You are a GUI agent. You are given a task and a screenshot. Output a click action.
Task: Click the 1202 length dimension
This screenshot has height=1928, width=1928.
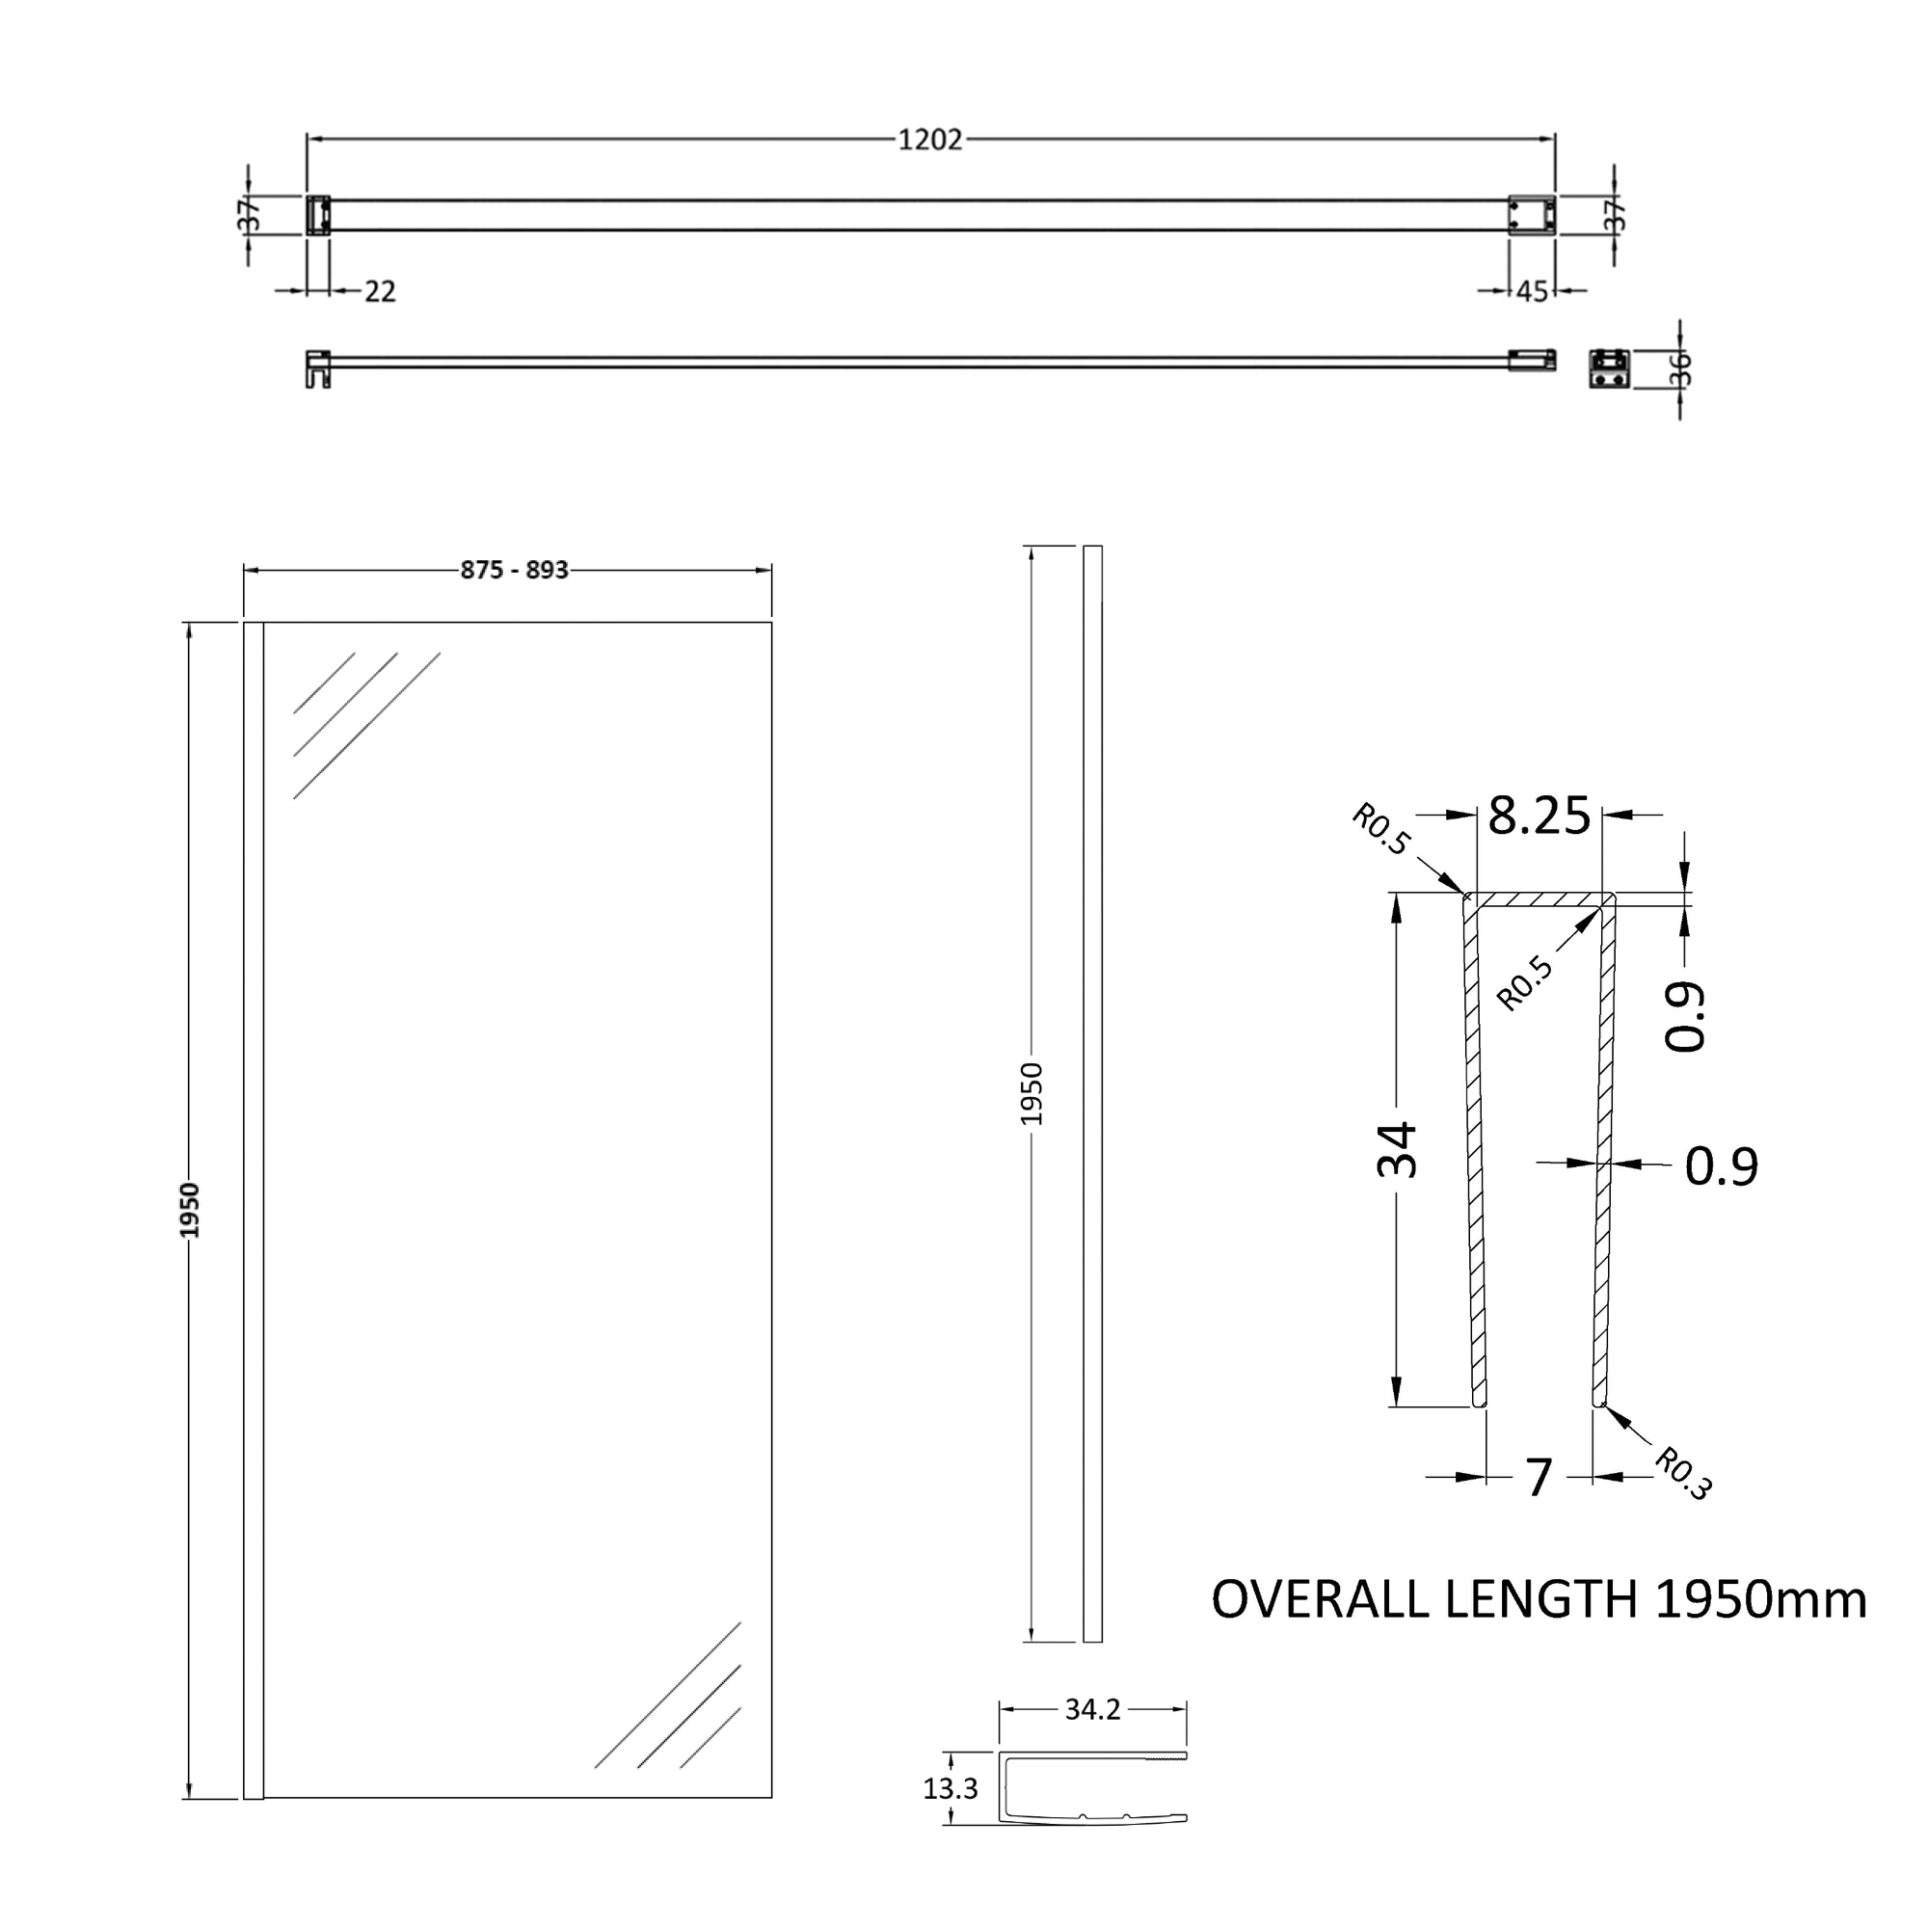coord(929,140)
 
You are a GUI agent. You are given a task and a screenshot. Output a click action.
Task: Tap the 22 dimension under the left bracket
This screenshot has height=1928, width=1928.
coord(380,291)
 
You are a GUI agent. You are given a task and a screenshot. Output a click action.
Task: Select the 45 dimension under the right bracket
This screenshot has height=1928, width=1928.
coord(1532,291)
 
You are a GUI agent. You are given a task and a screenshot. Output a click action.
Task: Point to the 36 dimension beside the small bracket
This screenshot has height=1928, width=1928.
coord(1680,368)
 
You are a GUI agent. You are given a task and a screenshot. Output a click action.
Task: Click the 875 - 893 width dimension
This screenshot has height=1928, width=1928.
coord(514,570)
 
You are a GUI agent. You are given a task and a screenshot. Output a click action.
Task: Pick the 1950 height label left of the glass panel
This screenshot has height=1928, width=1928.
coord(190,1211)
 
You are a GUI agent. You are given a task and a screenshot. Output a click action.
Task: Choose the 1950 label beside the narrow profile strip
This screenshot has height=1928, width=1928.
coord(1031,1094)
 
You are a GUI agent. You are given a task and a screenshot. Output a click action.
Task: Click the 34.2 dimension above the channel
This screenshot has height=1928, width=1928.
coord(1093,1709)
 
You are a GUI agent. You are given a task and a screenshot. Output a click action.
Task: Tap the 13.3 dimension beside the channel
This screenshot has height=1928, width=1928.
coord(951,1789)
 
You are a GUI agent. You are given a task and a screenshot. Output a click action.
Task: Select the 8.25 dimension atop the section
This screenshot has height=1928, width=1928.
coord(1539,816)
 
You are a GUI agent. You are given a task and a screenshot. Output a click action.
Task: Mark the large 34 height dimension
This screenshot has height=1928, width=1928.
coord(1398,1150)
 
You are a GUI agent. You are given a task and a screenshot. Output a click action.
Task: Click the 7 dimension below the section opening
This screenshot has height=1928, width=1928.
coord(1539,1478)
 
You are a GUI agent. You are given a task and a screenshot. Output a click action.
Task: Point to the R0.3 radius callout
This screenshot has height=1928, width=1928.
coord(1683,1474)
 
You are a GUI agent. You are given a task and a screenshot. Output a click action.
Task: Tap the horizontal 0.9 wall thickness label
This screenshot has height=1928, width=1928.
coord(1721,1165)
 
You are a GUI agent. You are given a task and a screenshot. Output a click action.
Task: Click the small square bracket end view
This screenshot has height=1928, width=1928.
coord(1609,368)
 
